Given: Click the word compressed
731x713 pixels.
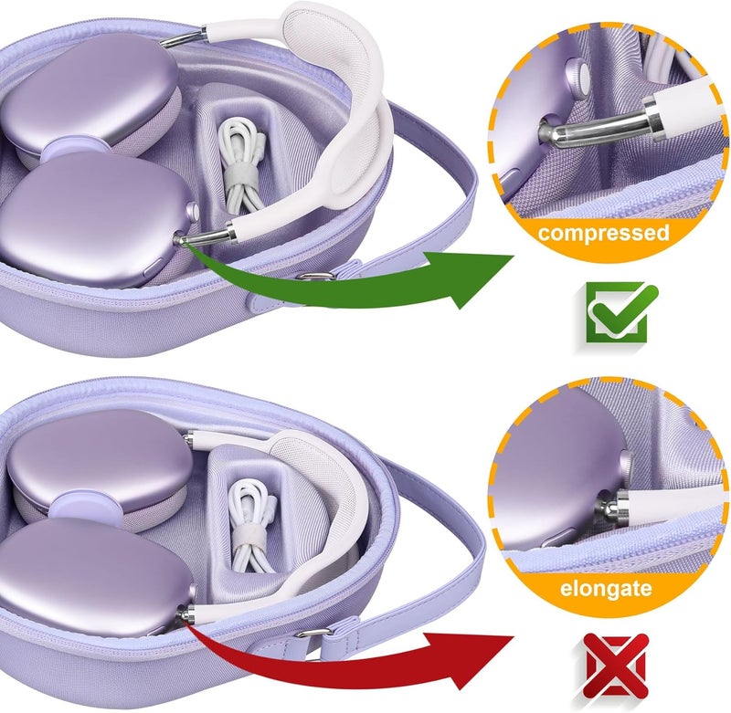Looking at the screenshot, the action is (x=604, y=233).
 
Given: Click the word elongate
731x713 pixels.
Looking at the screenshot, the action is (x=606, y=589).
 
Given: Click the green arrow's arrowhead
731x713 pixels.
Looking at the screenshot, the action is (x=471, y=279).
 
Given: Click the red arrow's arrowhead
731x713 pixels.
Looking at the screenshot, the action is (x=471, y=660).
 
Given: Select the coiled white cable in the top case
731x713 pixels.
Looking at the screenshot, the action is (x=240, y=163).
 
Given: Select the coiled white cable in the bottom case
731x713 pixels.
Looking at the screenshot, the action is (x=253, y=525).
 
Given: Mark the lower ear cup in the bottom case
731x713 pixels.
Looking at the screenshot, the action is (x=93, y=578).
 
